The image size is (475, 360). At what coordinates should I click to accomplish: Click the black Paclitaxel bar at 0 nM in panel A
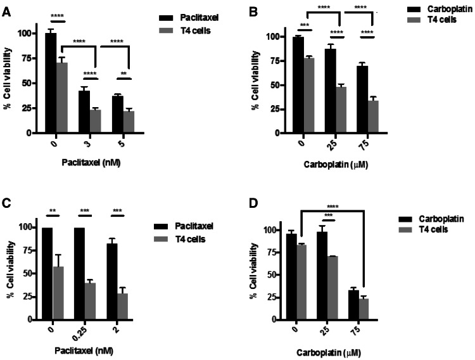click(51, 83)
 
